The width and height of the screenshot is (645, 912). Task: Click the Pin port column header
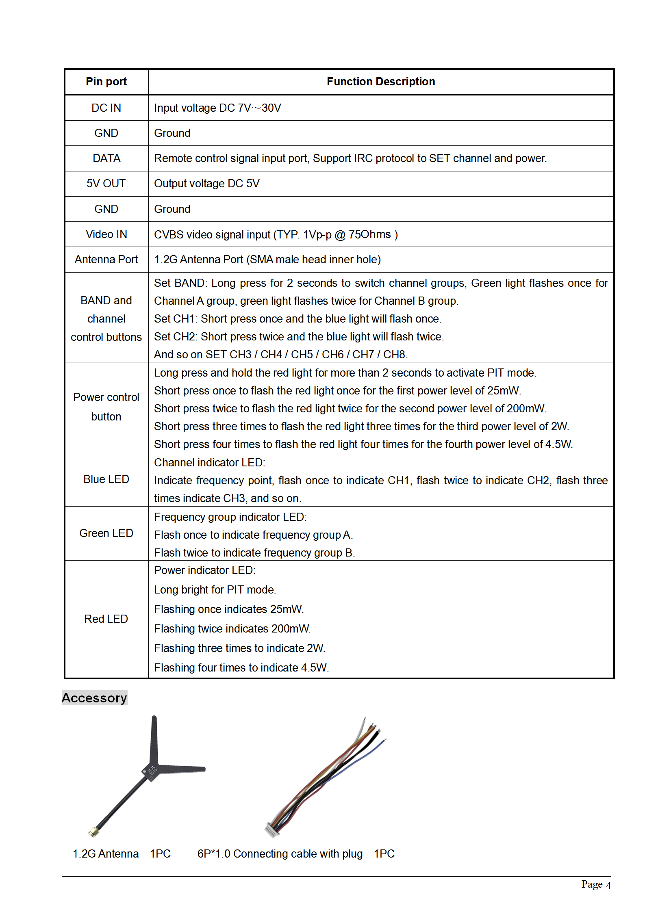point(106,82)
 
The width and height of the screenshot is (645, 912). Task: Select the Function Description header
point(380,82)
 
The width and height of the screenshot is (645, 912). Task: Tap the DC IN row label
point(106,108)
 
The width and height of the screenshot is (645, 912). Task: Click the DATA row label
point(106,158)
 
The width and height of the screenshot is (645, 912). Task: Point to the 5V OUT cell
point(106,183)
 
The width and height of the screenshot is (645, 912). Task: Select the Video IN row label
point(106,234)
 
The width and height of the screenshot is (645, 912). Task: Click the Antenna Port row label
point(106,259)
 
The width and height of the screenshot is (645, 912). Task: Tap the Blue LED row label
point(106,479)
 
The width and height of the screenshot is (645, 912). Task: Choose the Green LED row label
point(106,533)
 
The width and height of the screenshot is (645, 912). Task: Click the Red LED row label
point(106,619)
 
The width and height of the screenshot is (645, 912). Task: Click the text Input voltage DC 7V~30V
point(217,108)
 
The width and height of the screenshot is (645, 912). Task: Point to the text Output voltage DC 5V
point(206,183)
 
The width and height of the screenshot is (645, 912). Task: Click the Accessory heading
point(94,698)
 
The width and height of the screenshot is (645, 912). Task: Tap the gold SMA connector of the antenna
point(93,832)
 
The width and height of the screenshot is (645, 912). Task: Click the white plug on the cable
point(271,830)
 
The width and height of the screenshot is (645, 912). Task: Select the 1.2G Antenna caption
point(106,854)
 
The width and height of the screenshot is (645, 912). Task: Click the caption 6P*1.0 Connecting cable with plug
point(280,854)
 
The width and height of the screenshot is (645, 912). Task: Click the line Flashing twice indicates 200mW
point(232,628)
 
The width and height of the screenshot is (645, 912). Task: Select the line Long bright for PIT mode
point(215,589)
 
